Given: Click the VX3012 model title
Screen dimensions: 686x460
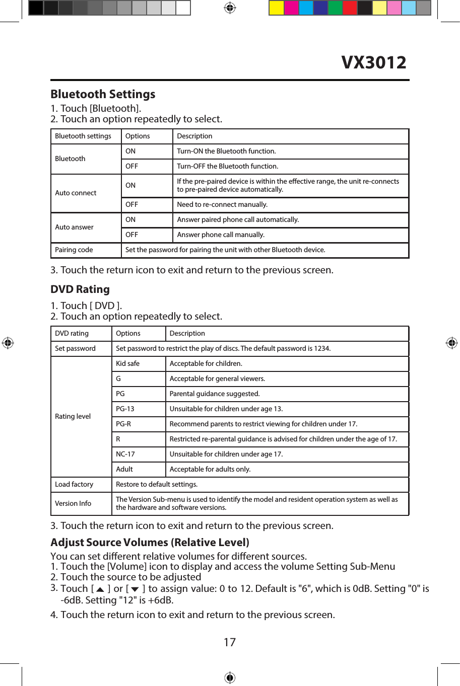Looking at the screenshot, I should (x=373, y=62).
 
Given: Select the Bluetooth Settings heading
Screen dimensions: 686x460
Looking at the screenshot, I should (x=103, y=94).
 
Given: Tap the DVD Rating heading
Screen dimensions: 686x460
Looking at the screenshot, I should (x=80, y=289).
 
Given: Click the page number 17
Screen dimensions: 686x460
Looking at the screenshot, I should (x=230, y=642).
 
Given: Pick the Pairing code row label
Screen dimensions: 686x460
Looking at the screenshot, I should (x=74, y=250).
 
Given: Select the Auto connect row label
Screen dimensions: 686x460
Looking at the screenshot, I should (x=76, y=193).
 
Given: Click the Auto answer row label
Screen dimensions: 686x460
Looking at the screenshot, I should (x=74, y=227).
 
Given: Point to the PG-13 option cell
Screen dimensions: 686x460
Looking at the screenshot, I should (x=125, y=409).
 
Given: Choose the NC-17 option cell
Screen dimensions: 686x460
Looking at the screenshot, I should (x=125, y=454).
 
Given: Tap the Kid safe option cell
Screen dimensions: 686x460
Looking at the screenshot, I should (x=127, y=363).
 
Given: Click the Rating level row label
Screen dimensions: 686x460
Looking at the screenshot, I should (x=73, y=416).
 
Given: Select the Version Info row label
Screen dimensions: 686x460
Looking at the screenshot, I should (x=73, y=503).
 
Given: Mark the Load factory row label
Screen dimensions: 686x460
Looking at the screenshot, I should (x=74, y=484).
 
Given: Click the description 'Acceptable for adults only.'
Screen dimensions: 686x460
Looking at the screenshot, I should (x=210, y=469).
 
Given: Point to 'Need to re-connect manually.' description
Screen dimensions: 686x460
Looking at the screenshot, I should (x=222, y=204).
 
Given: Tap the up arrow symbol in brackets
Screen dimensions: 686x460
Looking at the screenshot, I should (x=100, y=589).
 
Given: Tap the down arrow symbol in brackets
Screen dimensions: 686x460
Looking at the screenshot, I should (x=135, y=589).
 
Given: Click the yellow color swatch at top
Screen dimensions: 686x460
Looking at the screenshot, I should (x=276, y=8).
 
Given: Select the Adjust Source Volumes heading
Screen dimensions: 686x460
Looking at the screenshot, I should (x=150, y=543).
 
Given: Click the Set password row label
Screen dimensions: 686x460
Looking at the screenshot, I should (x=75, y=348).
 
